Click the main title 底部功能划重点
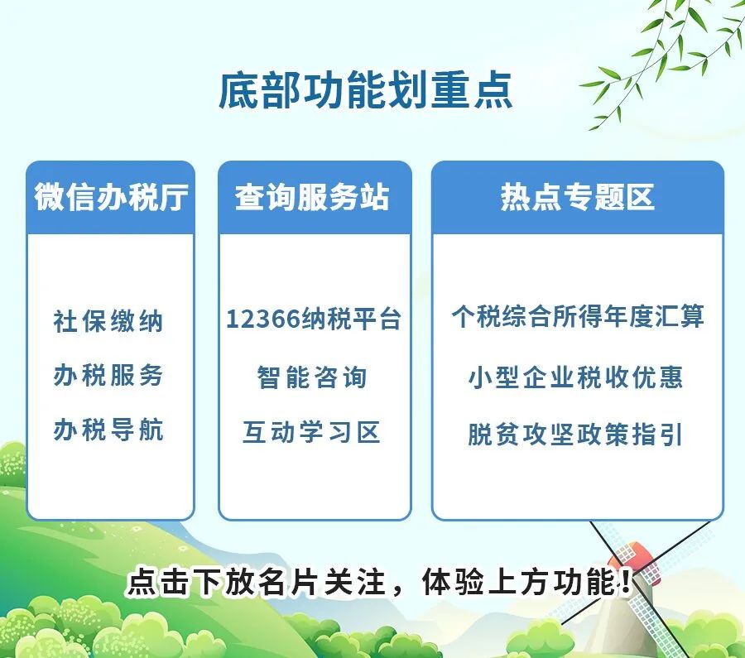(365, 91)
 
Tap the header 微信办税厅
(111, 197)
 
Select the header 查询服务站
(313, 197)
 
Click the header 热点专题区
(577, 197)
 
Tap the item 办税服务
(108, 375)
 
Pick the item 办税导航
(108, 430)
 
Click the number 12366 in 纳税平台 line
(263, 319)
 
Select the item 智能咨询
(312, 377)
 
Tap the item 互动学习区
(312, 432)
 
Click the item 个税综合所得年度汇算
(578, 316)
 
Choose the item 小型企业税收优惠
(576, 377)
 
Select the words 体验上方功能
(519, 582)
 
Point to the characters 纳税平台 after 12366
(352, 319)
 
